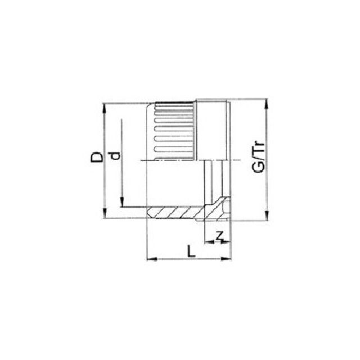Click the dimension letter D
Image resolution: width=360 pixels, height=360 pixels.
coord(97,156)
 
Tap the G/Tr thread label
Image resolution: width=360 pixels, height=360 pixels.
coord(258,161)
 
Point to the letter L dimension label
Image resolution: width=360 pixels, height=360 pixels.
coord(192,251)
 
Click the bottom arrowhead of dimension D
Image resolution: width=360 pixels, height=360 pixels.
coord(105,215)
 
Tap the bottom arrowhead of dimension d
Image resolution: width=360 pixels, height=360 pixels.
coord(122,204)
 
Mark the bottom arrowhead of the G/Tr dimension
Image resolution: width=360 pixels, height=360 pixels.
coord(266,218)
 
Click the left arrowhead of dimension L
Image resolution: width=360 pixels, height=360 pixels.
coord(150,259)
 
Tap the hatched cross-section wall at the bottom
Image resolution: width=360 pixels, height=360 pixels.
coord(174,211)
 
